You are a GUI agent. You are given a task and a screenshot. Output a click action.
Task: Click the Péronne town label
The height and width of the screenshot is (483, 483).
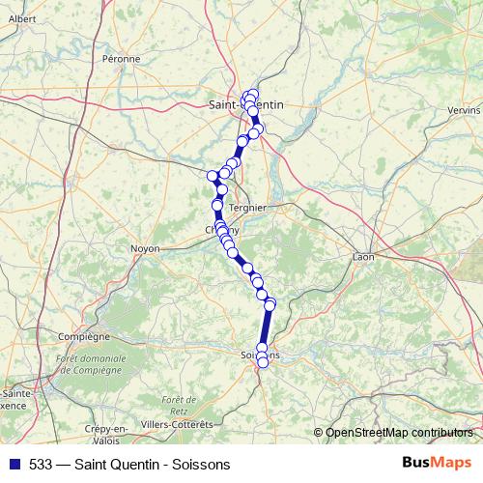pyautogui.click(x=122, y=59)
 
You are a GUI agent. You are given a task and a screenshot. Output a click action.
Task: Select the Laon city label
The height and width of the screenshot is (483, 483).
pyautogui.click(x=363, y=258)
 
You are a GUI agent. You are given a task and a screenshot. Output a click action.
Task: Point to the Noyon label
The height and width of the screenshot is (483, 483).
pyautogui.click(x=144, y=248)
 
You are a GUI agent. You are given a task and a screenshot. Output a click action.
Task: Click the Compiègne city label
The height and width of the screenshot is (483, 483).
pyautogui.click(x=84, y=337)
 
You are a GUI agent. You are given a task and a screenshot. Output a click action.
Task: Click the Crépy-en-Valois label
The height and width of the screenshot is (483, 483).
pyautogui.click(x=106, y=434)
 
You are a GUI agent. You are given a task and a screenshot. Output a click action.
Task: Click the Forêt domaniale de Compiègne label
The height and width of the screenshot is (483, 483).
pyautogui.click(x=92, y=365)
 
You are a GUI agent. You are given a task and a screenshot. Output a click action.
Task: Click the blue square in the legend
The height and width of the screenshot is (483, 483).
pyautogui.click(x=12, y=463)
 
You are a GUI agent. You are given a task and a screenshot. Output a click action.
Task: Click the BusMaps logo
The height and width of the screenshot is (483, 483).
pyautogui.click(x=438, y=462)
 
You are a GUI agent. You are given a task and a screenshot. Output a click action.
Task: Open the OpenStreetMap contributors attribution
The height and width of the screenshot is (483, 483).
pyautogui.click(x=399, y=432)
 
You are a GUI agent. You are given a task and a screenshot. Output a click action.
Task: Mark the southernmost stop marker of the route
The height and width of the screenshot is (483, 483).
pyautogui.click(x=263, y=362)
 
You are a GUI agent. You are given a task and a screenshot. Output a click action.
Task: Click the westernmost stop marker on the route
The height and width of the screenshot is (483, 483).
pyautogui.click(x=213, y=175)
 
